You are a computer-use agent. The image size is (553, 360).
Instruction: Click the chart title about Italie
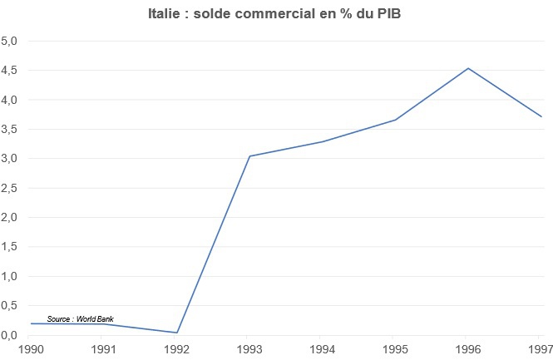[276, 13]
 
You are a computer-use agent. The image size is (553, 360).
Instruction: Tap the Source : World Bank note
[80, 318]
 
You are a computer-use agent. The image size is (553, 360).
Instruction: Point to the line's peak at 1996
[469, 68]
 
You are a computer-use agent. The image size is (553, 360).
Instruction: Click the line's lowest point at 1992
[177, 333]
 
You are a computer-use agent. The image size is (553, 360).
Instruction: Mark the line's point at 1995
[396, 120]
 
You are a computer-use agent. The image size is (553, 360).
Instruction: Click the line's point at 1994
[323, 142]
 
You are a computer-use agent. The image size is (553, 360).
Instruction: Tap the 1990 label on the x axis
[32, 348]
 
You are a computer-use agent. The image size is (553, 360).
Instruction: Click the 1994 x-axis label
[323, 348]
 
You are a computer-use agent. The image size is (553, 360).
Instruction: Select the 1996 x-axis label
[469, 348]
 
